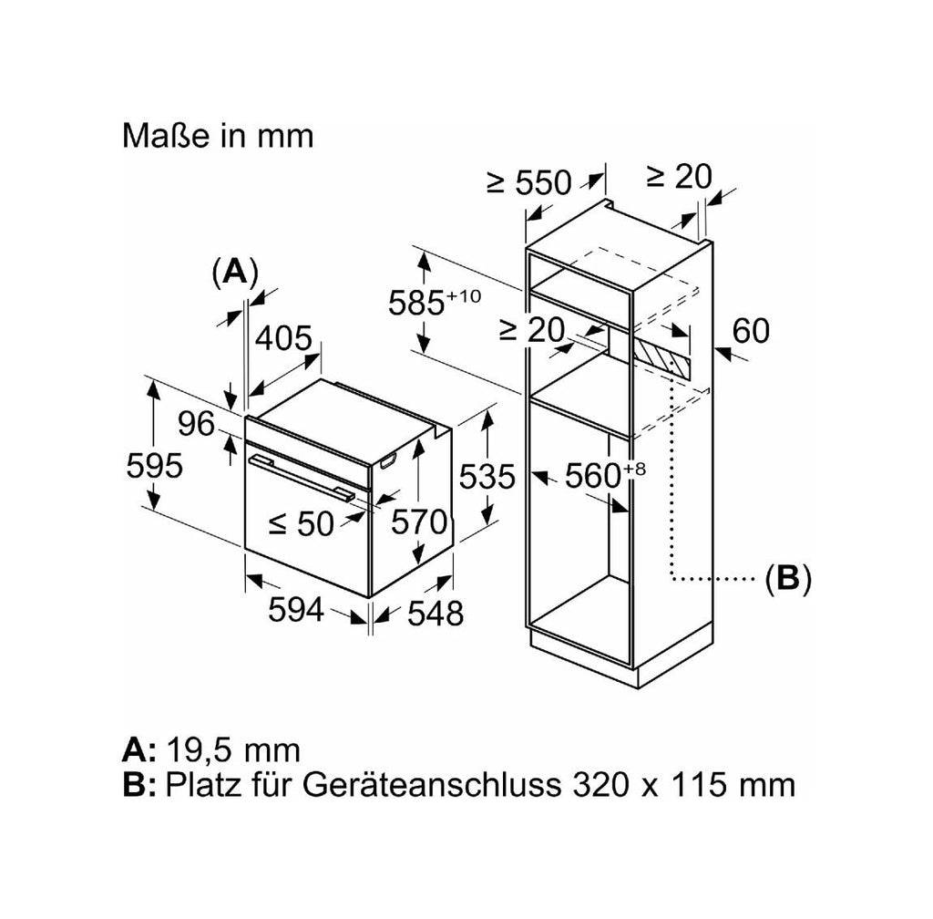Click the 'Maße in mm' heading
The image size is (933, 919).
(x=218, y=136)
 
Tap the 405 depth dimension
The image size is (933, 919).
(x=283, y=338)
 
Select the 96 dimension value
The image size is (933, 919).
(x=197, y=424)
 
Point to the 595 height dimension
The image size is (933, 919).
(x=154, y=466)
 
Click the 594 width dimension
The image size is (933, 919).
(x=296, y=609)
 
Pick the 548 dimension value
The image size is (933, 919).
(x=435, y=613)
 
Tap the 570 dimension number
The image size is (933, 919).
(x=419, y=522)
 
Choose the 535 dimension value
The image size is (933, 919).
(x=487, y=477)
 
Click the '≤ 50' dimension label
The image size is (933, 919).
(x=301, y=524)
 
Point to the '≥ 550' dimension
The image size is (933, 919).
(x=529, y=182)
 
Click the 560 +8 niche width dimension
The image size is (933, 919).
(x=605, y=474)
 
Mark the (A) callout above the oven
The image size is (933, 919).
(x=236, y=273)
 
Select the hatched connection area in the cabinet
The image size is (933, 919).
(x=661, y=358)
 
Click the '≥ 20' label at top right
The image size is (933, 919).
(x=679, y=176)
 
